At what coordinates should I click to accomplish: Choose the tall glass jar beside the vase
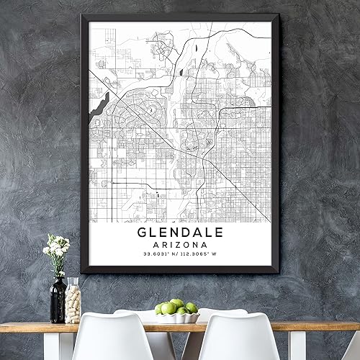(x=73, y=300)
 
